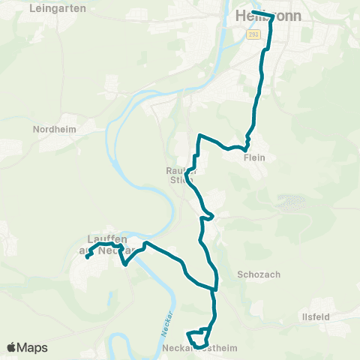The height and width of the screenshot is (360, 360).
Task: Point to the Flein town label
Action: [x=255, y=157]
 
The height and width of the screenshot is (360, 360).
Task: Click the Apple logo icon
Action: [x=11, y=348]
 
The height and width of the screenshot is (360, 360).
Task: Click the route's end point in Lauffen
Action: [x=88, y=257]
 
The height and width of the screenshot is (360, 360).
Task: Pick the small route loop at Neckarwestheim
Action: [x=196, y=334]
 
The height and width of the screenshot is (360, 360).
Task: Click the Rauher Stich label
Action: [x=180, y=175]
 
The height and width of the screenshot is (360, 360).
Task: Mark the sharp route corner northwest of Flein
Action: [x=199, y=136]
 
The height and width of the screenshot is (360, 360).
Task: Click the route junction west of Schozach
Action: [x=216, y=286]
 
